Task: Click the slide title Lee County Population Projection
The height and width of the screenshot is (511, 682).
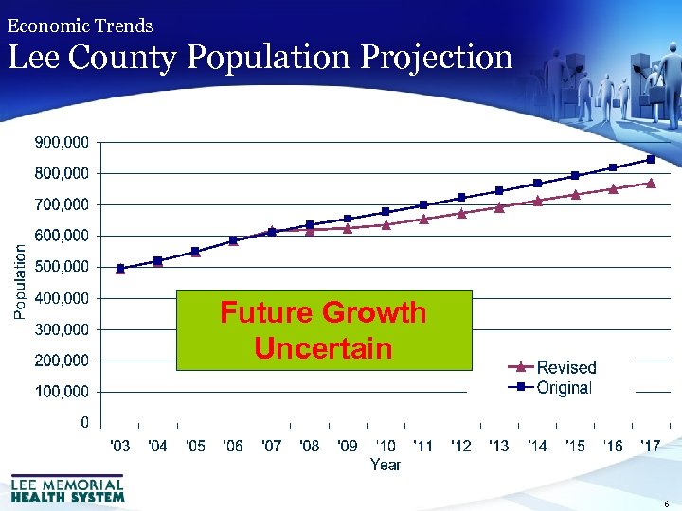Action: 260,57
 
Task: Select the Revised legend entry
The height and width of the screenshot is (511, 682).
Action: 565,367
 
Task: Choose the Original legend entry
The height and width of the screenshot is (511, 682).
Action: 564,387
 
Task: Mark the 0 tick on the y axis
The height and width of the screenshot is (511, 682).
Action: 85,422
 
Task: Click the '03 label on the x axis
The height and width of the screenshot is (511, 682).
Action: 120,446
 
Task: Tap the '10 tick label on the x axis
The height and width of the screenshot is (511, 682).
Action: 386,446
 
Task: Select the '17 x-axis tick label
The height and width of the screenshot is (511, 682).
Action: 651,446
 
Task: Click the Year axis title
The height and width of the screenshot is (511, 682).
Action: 386,465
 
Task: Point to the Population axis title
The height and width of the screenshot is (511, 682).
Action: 20,282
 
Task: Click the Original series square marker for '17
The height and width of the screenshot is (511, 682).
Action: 651,159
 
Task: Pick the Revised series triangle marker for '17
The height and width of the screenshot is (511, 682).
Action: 651,183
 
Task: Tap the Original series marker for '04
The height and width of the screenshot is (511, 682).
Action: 158,260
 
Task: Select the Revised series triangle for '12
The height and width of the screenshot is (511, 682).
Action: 461,213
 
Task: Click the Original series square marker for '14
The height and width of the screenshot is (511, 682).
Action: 537,183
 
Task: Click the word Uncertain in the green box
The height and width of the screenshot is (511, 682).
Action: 323,348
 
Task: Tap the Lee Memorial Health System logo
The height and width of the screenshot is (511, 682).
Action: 67,487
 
